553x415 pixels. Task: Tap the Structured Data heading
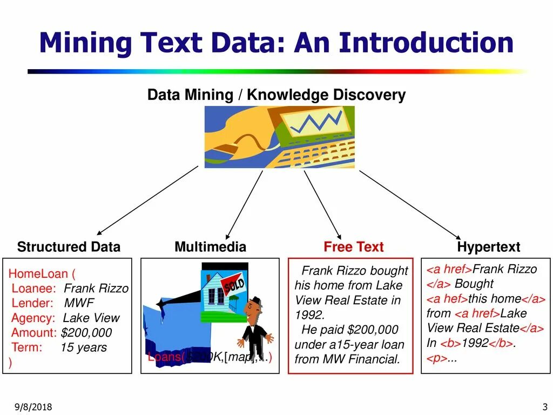[69, 247]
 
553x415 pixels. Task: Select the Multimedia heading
[210, 247]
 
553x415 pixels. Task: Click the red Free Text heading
[353, 247]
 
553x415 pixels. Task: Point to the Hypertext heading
[488, 247]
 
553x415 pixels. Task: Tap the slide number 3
[544, 407]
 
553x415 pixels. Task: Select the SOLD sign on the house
[234, 285]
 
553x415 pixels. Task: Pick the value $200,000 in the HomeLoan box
[86, 333]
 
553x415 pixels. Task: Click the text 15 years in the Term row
[83, 347]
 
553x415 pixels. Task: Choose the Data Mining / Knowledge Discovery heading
[276, 95]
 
